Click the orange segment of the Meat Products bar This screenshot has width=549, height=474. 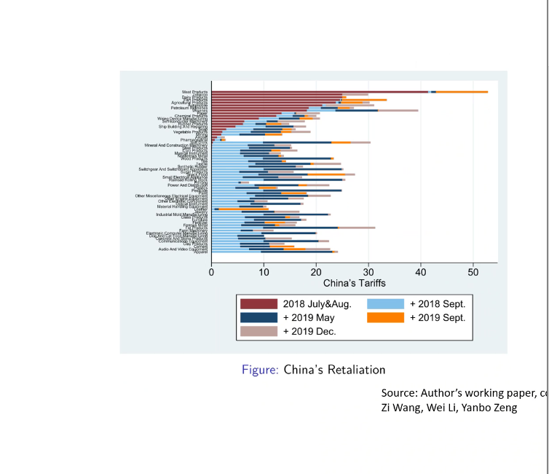click(x=462, y=92)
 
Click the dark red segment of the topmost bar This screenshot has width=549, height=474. click(x=320, y=92)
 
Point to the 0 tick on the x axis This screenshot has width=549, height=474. click(x=211, y=272)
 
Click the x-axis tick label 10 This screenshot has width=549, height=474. click(x=264, y=272)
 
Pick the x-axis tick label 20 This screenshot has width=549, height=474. click(x=316, y=272)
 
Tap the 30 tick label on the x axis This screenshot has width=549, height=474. click(x=368, y=272)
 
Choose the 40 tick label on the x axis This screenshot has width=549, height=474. click(x=421, y=272)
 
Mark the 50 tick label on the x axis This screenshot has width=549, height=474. click(x=473, y=272)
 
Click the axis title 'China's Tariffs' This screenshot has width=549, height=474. click(x=354, y=283)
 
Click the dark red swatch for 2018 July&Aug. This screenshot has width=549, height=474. click(x=259, y=304)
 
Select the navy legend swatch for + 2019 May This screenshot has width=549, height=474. click(x=259, y=318)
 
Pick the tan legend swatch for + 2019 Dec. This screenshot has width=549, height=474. click(x=259, y=331)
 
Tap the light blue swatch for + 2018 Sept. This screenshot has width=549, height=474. click(x=386, y=304)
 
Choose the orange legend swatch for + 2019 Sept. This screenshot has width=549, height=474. click(x=386, y=318)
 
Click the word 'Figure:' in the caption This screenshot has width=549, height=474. click(x=260, y=370)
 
